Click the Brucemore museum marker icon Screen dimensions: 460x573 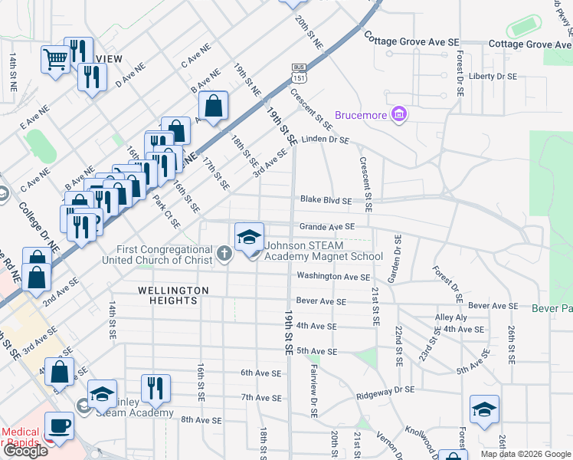(x=398, y=116)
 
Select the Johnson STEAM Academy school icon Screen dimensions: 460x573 (x=249, y=236)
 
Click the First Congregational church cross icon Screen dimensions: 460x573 (x=224, y=254)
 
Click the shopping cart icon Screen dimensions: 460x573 (x=55, y=58)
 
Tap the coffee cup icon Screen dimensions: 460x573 (x=59, y=425)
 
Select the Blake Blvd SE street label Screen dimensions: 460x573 (x=326, y=200)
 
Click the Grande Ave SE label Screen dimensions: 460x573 (x=327, y=227)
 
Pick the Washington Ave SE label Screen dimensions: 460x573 (x=333, y=276)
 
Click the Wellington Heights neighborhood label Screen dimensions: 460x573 (x=173, y=296)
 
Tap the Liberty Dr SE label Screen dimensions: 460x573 (x=493, y=77)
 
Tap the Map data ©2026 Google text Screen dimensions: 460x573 (x=525, y=454)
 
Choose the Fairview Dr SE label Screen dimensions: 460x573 (x=314, y=390)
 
